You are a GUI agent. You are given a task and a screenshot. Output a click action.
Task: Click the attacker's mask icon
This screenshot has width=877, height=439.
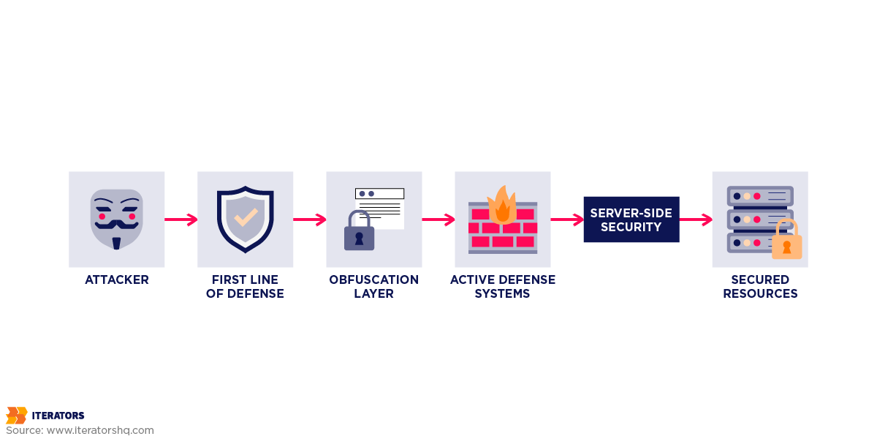[x=117, y=218]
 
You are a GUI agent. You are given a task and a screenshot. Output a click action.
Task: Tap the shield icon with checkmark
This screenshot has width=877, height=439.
[x=246, y=219]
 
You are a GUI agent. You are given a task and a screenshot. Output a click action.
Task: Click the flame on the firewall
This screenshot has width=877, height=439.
[x=502, y=205]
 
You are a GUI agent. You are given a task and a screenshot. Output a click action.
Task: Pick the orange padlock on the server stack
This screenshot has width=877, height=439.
[x=786, y=243]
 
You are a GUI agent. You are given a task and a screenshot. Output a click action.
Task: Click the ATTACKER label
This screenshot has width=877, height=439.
[x=117, y=279]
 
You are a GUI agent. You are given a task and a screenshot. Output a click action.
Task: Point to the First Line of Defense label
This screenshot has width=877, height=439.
[x=245, y=287]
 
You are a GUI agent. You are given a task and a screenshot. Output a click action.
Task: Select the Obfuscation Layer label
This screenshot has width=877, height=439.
[x=373, y=287]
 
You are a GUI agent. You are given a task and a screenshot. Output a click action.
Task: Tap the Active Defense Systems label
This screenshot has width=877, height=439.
[x=503, y=287]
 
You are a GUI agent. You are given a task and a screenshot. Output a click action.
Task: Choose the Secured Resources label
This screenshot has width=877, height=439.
[x=760, y=287]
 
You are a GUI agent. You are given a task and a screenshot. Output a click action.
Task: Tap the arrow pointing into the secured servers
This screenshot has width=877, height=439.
[x=696, y=219]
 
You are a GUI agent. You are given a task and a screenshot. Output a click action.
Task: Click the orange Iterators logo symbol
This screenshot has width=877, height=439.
[x=16, y=416]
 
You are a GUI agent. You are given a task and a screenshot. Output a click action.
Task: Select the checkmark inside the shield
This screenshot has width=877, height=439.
[x=246, y=217]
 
